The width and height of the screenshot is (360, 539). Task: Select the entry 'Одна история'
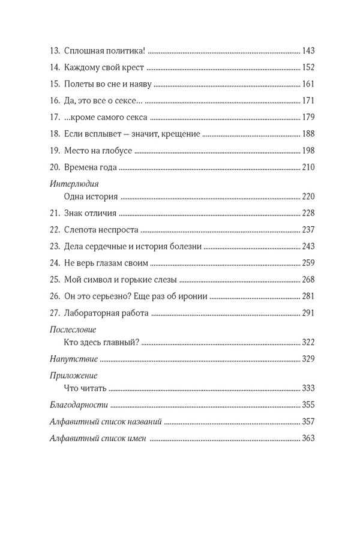click(90, 197)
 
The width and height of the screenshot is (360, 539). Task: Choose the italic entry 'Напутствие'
click(73, 359)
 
